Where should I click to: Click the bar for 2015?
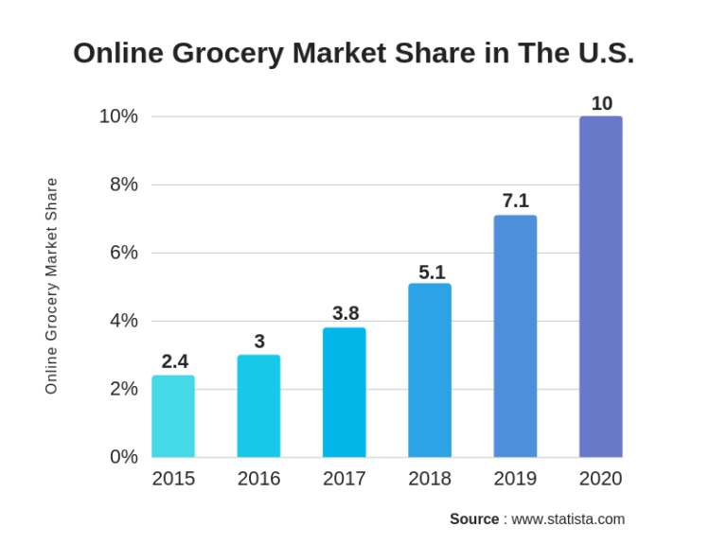173,416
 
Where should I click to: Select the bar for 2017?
344,393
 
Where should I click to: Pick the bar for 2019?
515,336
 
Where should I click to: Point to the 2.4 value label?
174,361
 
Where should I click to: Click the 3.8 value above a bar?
346,313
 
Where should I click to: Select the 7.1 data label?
515,201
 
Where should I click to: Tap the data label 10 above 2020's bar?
601,103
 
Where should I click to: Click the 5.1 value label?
432,272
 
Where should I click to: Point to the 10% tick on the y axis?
118,116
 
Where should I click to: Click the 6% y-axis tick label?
123,253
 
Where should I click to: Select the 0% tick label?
123,457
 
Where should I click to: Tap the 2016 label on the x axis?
258,479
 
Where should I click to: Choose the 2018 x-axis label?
430,479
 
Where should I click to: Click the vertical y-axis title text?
51,286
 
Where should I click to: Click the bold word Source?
474,519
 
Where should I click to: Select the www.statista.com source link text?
568,519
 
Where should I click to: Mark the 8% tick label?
123,185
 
